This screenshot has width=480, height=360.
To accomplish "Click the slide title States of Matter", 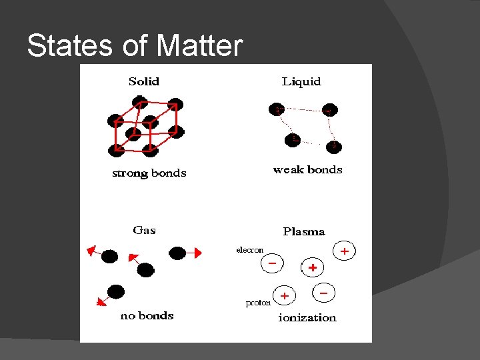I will click(135, 46).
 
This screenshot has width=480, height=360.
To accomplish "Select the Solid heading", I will click(144, 81).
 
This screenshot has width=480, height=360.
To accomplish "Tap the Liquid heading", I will click(301, 81).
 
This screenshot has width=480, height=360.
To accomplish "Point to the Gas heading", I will click(144, 230).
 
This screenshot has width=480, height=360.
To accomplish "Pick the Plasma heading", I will click(304, 231).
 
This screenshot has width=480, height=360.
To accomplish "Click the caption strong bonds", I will click(149, 173).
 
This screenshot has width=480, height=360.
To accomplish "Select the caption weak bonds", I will click(307, 169).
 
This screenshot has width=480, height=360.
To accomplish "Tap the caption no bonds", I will click(147, 315).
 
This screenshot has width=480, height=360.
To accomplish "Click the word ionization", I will click(307, 317).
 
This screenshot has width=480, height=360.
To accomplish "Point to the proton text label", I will click(258, 303).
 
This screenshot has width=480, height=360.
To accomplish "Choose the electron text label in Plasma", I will click(250, 250).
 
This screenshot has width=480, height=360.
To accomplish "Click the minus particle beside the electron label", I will click(272, 263).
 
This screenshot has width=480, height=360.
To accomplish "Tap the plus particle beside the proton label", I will click(285, 295).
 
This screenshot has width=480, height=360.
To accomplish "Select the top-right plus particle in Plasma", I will click(344, 251).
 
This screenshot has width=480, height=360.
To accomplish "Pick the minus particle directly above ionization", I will click(323, 292).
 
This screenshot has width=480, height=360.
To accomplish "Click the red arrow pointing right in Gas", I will click(194, 253).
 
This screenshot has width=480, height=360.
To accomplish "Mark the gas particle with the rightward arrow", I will click(177, 253).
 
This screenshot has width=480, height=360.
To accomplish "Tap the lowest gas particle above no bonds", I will click(116, 291).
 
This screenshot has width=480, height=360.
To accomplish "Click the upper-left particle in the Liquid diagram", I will click(276, 109).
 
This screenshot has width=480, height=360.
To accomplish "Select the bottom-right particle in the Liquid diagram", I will click(334, 145).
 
